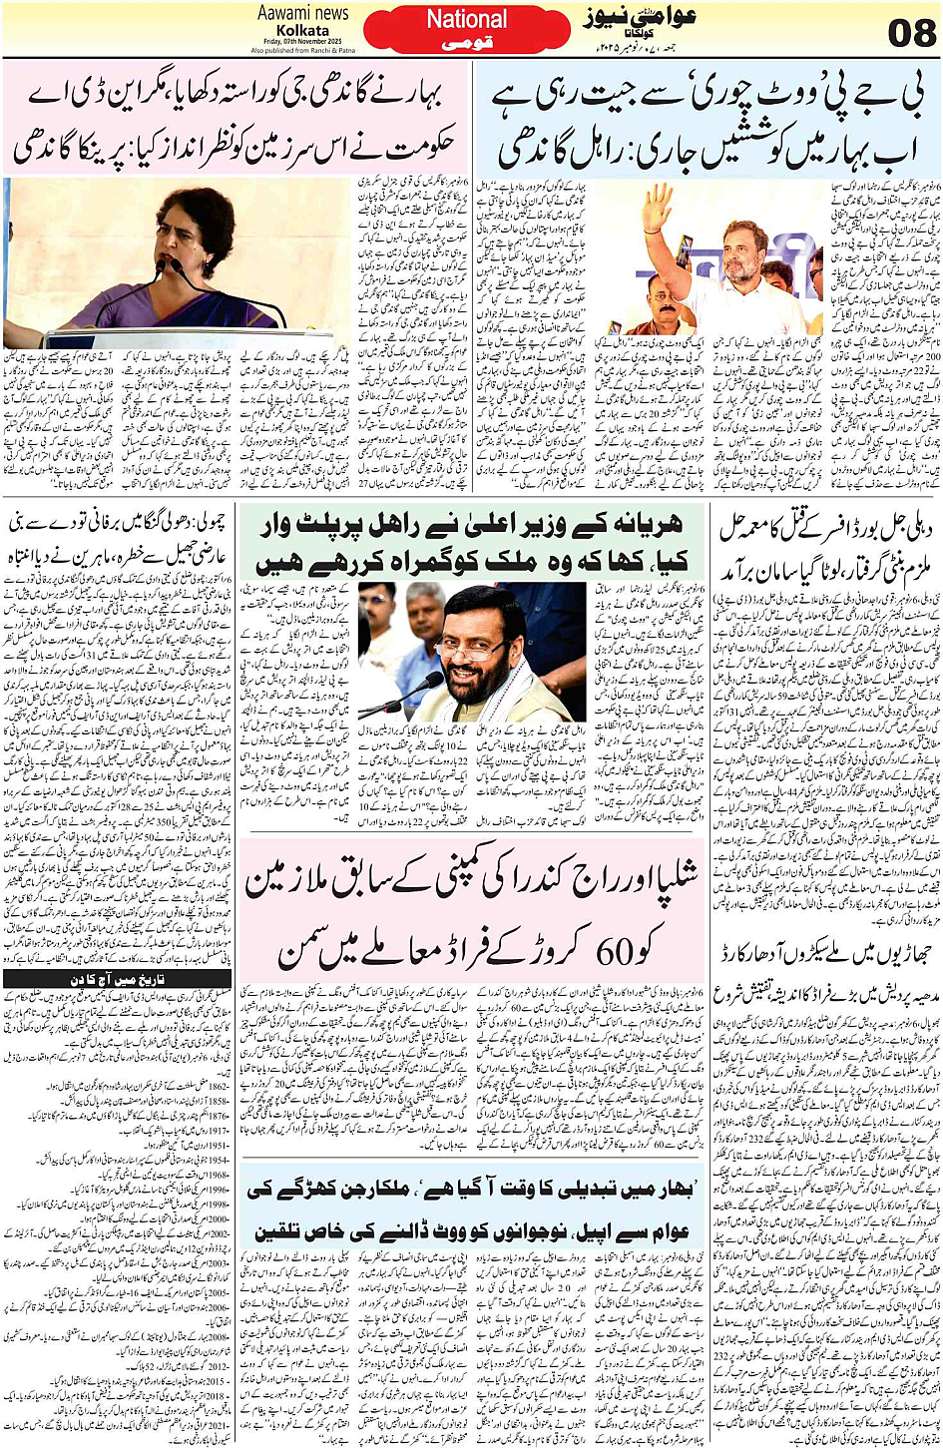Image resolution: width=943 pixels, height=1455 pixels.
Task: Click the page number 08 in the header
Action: (x=910, y=32)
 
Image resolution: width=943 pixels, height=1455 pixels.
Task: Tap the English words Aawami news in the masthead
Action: (x=302, y=13)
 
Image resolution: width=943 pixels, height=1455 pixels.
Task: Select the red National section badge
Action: (x=466, y=30)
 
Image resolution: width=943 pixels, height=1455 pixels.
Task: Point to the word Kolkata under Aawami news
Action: (x=302, y=30)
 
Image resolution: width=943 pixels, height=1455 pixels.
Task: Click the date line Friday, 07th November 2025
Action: (x=303, y=41)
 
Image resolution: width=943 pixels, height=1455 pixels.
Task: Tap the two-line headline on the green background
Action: (x=469, y=544)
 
